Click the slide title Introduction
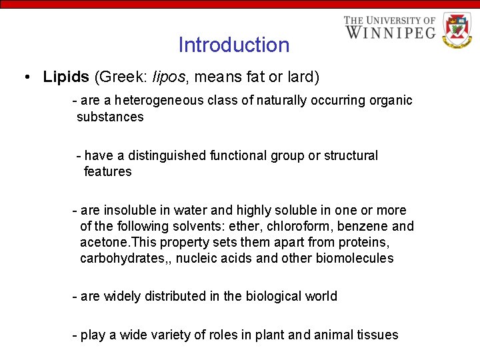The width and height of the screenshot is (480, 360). click(x=233, y=45)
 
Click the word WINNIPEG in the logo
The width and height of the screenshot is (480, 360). click(x=390, y=32)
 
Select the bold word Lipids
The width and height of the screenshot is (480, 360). click(x=66, y=77)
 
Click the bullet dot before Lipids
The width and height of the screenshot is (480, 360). click(x=25, y=77)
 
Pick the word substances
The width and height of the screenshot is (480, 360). click(x=110, y=117)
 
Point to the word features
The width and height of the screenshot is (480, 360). click(x=108, y=171)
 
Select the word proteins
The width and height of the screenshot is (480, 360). click(x=365, y=242)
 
